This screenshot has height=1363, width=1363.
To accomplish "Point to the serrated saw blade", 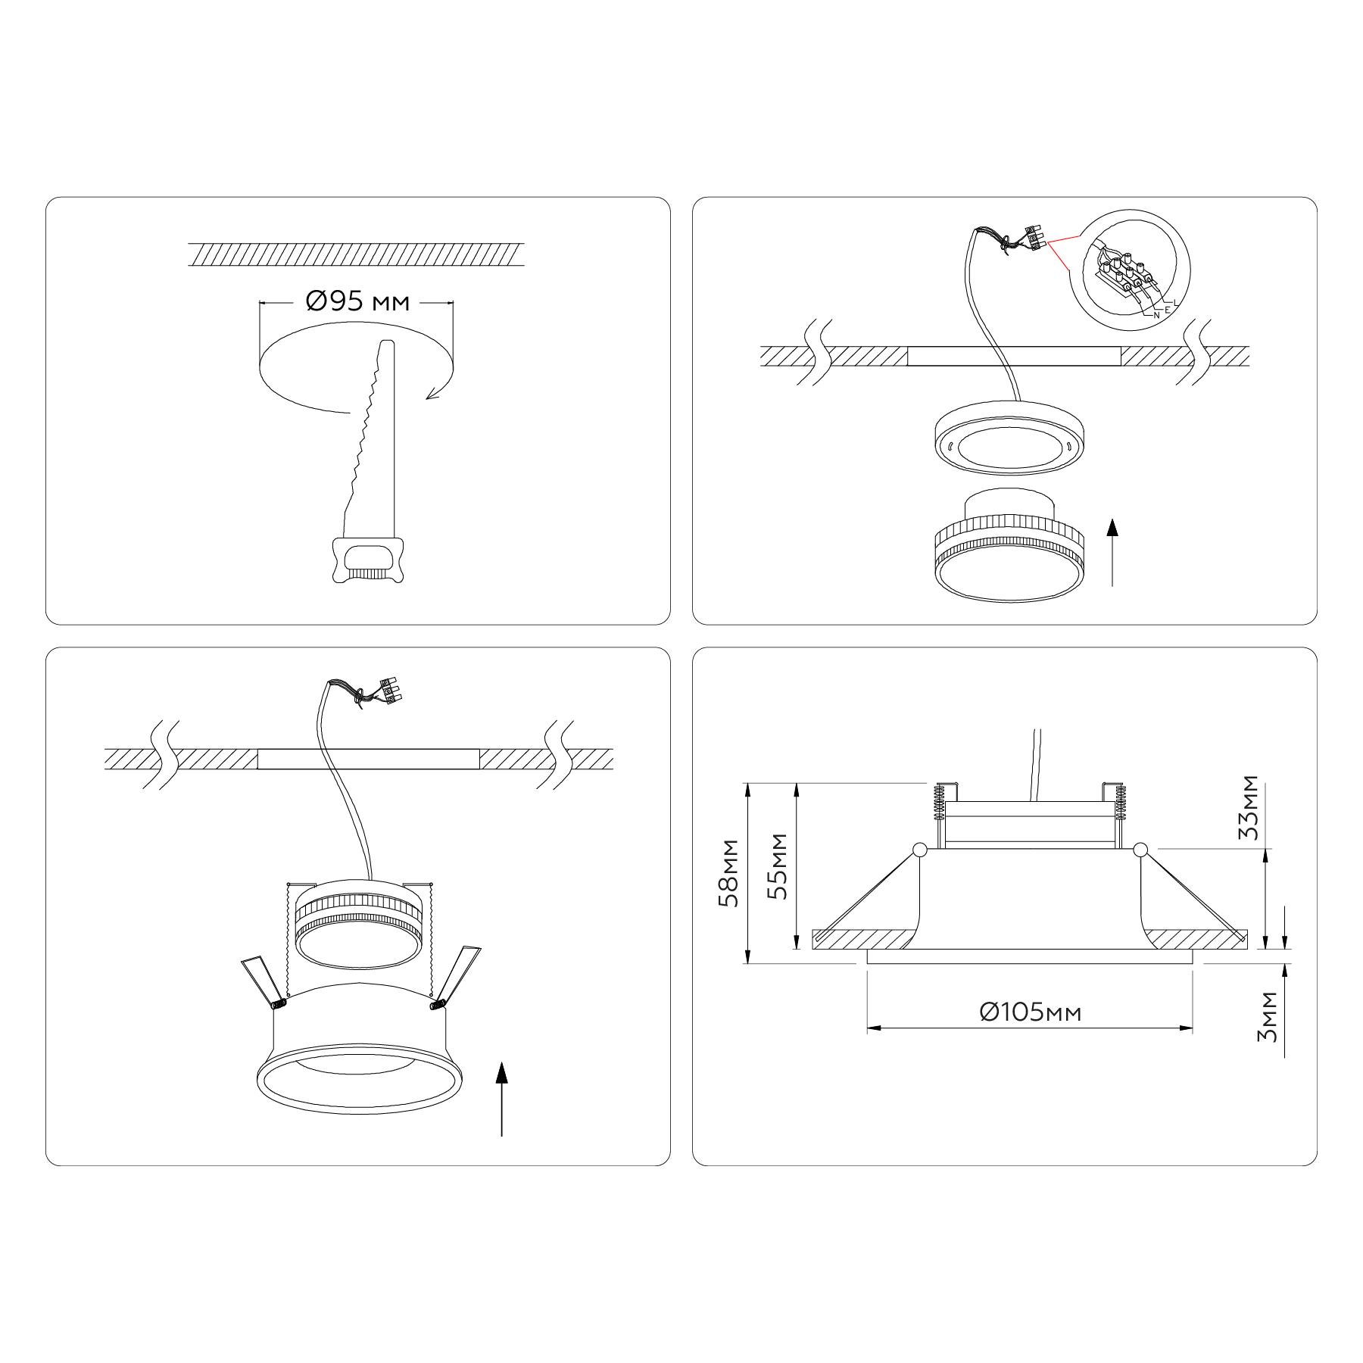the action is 368,439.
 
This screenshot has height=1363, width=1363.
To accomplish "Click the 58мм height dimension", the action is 730,873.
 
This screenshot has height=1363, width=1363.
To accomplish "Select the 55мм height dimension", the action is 777,866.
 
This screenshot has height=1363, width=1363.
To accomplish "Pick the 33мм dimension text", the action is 1248,808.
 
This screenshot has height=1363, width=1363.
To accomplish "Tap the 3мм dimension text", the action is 1267,1017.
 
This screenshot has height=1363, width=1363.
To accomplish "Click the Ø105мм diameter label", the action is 1030,1012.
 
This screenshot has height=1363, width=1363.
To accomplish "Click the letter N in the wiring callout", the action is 1156,315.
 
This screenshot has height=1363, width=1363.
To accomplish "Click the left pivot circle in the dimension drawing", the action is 919,850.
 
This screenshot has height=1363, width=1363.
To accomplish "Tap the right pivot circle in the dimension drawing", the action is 1141,850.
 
